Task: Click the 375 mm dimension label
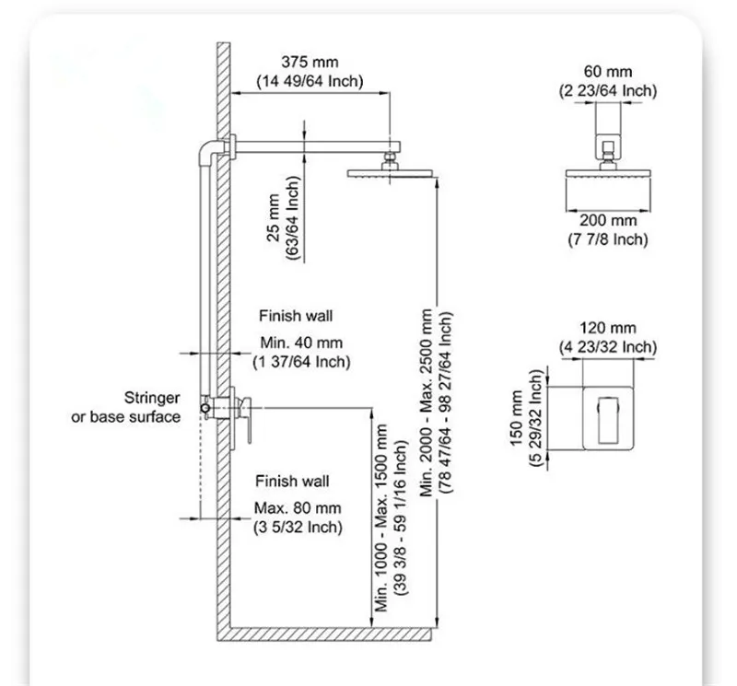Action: [x=310, y=64]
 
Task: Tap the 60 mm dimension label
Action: [x=607, y=72]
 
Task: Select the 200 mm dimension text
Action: [x=607, y=221]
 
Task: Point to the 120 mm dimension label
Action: [x=607, y=328]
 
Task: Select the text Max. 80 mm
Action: [x=298, y=508]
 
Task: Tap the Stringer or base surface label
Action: [x=127, y=408]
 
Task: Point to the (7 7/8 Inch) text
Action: [x=607, y=239]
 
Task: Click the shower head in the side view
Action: [x=390, y=173]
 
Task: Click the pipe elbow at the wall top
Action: [x=210, y=147]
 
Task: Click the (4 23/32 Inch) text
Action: [x=607, y=346]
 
